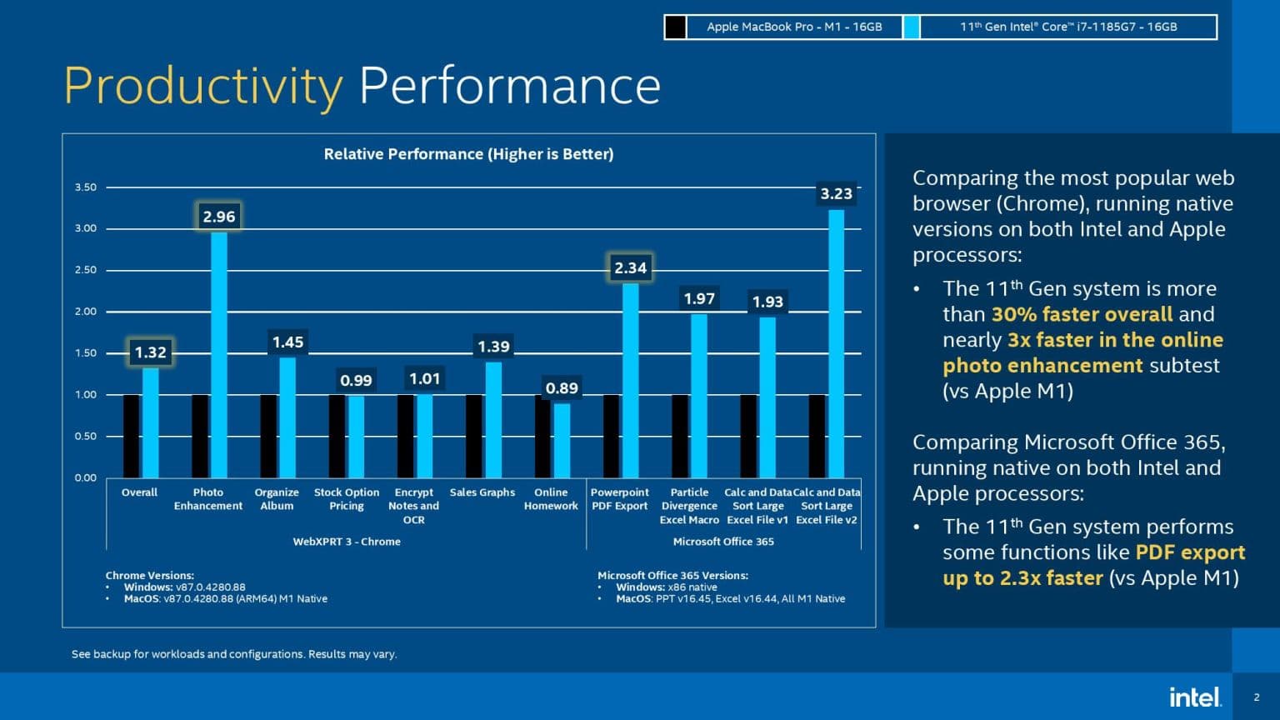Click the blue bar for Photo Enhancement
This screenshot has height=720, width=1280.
pos(219,355)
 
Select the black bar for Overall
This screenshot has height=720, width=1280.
pos(132,436)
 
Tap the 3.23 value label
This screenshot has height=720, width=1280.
pos(836,193)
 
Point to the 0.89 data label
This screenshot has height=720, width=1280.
pos(562,388)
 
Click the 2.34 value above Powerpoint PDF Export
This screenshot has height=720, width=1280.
pos(630,268)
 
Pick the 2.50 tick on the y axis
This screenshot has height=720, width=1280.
pos(86,270)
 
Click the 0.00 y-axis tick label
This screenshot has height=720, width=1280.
pos(86,477)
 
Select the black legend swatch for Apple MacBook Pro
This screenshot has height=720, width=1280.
pos(676,27)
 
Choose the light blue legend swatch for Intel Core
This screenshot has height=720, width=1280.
pos(912,27)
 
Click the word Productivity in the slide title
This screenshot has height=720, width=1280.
pos(203,87)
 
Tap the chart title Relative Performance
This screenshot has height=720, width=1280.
pos(468,154)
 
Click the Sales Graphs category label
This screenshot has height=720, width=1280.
pos(482,492)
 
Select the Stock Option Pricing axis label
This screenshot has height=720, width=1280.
pos(347,499)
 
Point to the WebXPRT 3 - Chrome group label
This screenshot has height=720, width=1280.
pos(347,542)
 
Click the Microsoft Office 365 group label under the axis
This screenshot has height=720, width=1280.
pos(723,542)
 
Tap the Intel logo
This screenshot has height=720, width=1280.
pos(1196,697)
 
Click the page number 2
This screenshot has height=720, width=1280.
pos(1257,697)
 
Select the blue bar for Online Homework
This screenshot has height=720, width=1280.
pos(562,441)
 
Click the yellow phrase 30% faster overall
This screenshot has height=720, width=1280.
pos(1082,314)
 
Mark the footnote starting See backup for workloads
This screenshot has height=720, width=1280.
pos(234,654)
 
